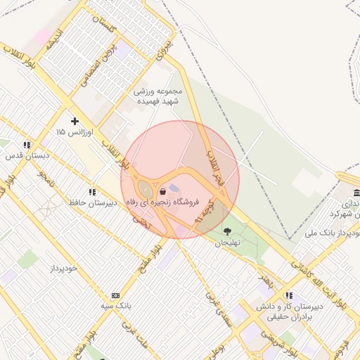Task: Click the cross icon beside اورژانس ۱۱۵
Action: point(75,121)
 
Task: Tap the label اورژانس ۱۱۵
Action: point(70,132)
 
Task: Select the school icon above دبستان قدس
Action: point(27,146)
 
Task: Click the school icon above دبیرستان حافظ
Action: point(91,191)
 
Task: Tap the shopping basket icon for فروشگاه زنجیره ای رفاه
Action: point(163,191)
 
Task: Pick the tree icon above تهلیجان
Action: point(227,231)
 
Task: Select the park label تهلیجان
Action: point(227,242)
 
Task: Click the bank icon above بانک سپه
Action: point(115,295)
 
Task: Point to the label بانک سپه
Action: point(115,307)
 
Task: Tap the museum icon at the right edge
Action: point(356,193)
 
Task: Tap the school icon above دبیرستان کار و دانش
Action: point(288,295)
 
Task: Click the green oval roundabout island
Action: point(145,188)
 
